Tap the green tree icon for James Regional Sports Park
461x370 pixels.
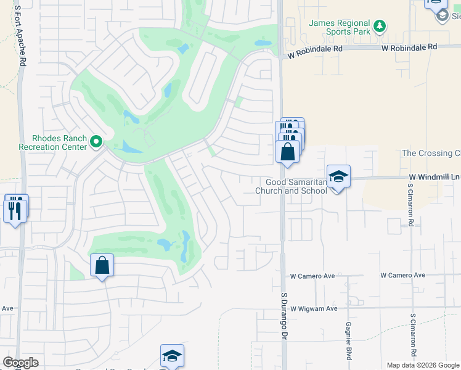(381, 26)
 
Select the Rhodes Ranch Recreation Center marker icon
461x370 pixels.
(96, 142)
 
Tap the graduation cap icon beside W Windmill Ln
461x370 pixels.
(338, 176)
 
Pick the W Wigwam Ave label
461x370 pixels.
(314, 308)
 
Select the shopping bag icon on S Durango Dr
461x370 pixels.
(288, 151)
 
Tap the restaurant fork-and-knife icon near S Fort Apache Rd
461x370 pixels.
(14, 210)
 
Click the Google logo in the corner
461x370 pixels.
(20, 363)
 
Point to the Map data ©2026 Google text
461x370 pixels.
(422, 365)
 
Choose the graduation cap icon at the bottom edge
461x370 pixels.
(173, 355)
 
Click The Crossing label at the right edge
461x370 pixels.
(431, 153)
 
